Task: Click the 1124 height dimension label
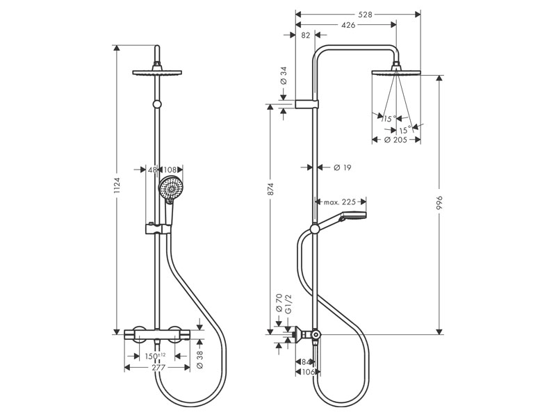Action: click(x=117, y=186)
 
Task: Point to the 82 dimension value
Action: click(x=306, y=36)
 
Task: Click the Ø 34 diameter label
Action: click(x=284, y=75)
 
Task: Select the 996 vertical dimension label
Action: click(x=440, y=202)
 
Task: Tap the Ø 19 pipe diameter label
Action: click(x=341, y=167)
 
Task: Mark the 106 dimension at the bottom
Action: click(x=306, y=372)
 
